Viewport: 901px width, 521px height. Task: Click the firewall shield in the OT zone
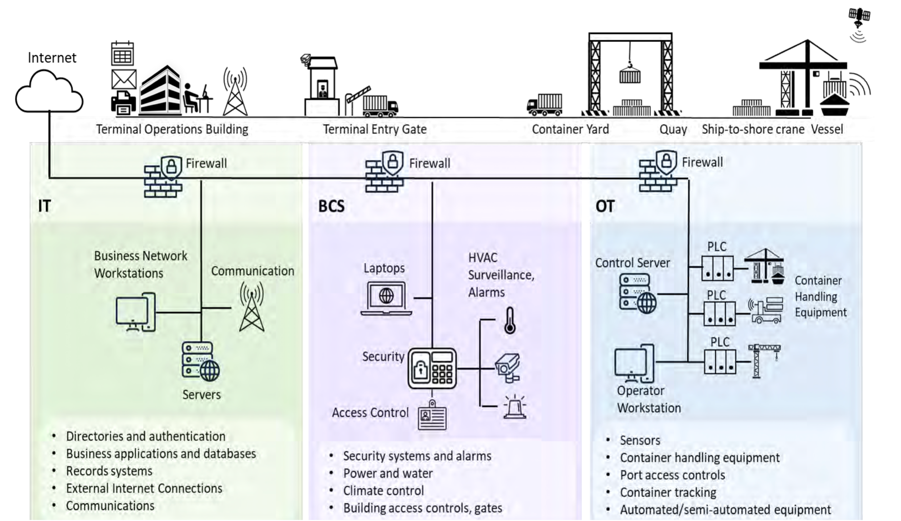pyautogui.click(x=666, y=162)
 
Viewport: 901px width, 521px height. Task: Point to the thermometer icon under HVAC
pyautogui.click(x=510, y=320)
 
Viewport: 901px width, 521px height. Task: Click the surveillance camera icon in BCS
pyautogui.click(x=507, y=367)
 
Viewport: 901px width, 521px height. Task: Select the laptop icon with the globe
pyautogui.click(x=386, y=298)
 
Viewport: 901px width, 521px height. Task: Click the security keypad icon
pyautogui.click(x=432, y=369)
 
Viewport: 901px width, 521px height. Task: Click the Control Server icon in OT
pyautogui.click(x=638, y=293)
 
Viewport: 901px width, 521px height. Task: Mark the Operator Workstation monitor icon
pyautogui.click(x=634, y=364)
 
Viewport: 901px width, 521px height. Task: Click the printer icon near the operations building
pyautogui.click(x=123, y=103)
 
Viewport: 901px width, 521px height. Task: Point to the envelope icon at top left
pyautogui.click(x=124, y=79)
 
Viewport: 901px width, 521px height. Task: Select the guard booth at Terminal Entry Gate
pyautogui.click(x=322, y=86)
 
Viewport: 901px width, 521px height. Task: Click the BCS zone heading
pyautogui.click(x=331, y=206)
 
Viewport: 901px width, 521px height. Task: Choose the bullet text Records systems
pyautogui.click(x=109, y=471)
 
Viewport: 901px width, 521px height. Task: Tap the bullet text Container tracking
pyautogui.click(x=668, y=492)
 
